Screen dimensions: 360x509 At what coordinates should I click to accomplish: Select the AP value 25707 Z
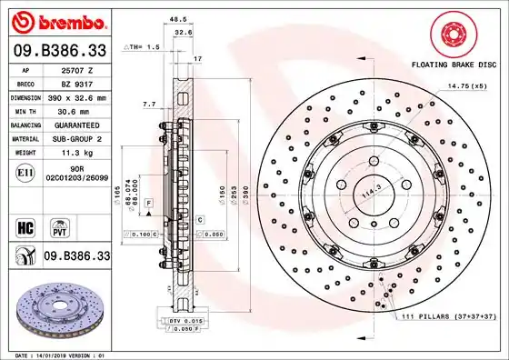(x=77, y=69)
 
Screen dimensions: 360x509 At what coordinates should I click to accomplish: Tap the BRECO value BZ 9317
(x=77, y=82)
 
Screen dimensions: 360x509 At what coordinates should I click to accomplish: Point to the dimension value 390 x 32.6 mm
(x=77, y=95)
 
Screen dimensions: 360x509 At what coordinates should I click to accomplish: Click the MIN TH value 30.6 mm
(x=77, y=109)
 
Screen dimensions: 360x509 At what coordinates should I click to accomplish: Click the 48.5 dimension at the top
(x=178, y=17)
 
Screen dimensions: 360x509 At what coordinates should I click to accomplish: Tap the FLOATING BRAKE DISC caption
(x=454, y=66)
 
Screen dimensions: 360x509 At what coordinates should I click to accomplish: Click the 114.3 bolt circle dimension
(x=368, y=193)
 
